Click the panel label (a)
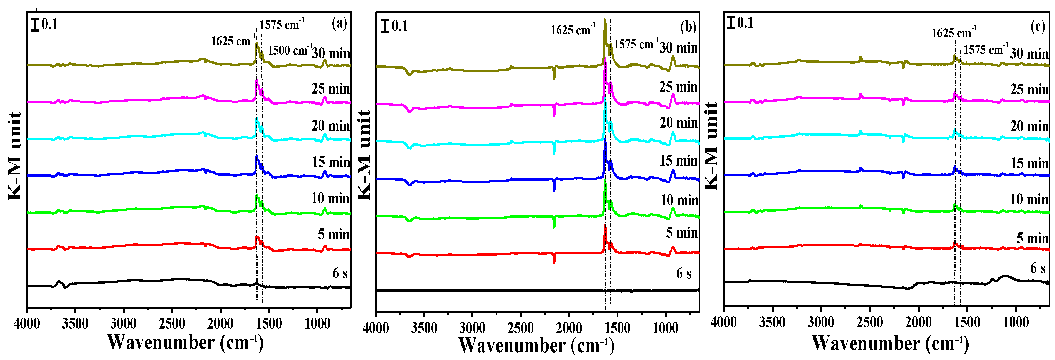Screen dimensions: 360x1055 (339, 23)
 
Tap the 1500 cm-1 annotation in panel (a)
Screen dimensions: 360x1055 (289, 50)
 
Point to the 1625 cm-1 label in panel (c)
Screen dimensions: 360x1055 (954, 32)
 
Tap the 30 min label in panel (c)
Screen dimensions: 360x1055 (1029, 54)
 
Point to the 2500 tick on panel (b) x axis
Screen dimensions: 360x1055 (520, 328)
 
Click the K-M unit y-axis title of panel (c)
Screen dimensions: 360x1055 (712, 145)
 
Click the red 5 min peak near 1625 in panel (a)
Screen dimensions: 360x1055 (257, 238)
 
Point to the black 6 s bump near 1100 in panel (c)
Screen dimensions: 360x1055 (1005, 276)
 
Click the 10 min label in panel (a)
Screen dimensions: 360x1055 (330, 199)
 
